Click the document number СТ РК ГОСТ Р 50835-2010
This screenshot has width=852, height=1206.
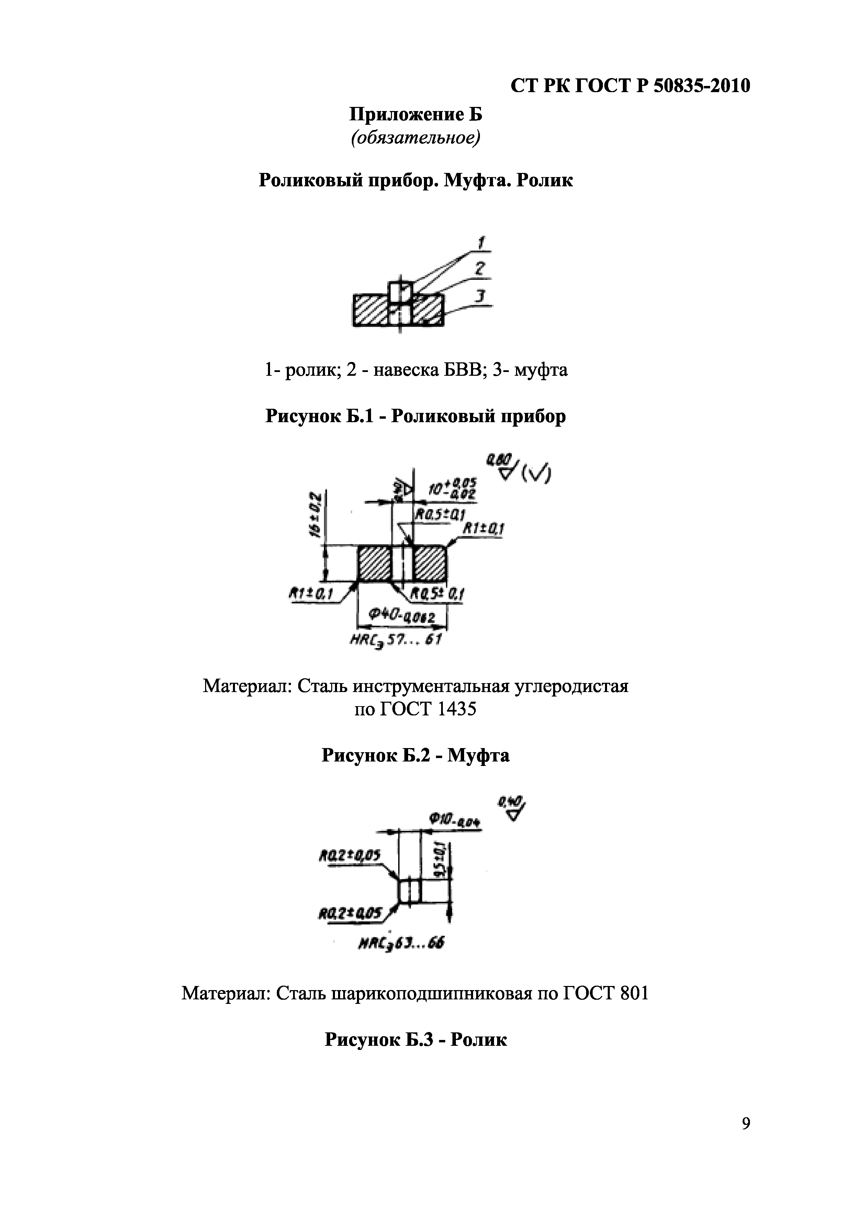[x=630, y=86]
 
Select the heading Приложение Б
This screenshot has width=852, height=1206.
[x=415, y=114]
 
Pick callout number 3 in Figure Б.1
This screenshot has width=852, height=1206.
[x=479, y=297]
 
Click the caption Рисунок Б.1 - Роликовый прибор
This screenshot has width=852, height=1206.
[x=415, y=417]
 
